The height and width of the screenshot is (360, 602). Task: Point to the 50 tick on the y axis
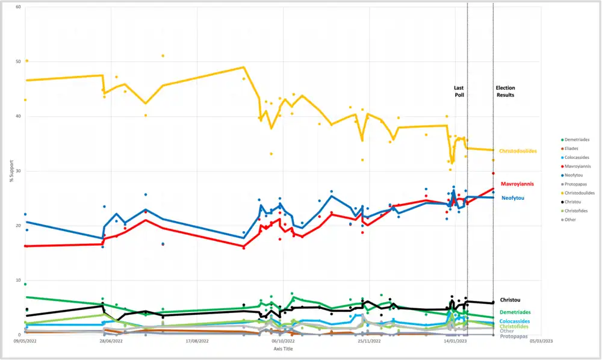pyautogui.click(x=18, y=61)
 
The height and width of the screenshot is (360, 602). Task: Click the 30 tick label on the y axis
pyautogui.click(x=18, y=171)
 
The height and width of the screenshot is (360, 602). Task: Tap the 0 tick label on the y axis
pyautogui.click(x=19, y=335)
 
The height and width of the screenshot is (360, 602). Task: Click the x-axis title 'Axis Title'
pyautogui.click(x=283, y=349)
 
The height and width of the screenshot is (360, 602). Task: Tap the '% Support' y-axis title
pyautogui.click(x=11, y=171)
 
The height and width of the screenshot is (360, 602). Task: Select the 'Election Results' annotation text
pyautogui.click(x=505, y=92)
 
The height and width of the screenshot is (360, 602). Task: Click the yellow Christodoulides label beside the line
pyautogui.click(x=517, y=151)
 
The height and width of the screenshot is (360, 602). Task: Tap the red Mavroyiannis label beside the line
pyautogui.click(x=517, y=184)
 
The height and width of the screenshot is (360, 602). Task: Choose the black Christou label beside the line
pyautogui.click(x=510, y=300)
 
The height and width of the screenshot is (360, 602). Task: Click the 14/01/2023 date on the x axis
pyautogui.click(x=455, y=341)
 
